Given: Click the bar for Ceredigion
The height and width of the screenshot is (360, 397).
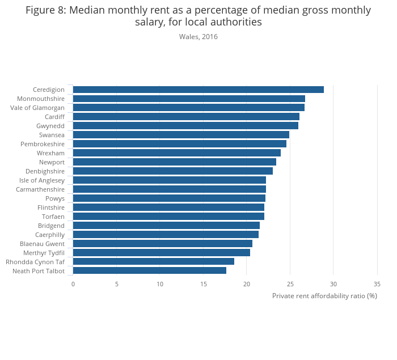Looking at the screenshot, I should (x=198, y=90).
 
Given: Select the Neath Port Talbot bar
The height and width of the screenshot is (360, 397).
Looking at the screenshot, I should (x=149, y=271).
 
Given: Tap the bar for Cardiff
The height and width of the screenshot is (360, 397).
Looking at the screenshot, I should (x=186, y=117).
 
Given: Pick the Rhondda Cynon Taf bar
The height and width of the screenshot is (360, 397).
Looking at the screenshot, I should (x=153, y=262).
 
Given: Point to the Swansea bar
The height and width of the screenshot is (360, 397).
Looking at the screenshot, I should (x=181, y=135).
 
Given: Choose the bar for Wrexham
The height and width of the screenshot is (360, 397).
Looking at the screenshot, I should (x=176, y=153).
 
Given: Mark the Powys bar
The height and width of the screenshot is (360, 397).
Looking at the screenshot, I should (x=169, y=198).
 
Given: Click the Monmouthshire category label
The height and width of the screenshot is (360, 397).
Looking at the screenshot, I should (x=41, y=99).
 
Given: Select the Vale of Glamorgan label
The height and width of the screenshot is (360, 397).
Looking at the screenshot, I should (x=37, y=108).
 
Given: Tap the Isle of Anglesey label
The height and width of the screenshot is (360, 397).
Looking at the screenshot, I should (x=42, y=180).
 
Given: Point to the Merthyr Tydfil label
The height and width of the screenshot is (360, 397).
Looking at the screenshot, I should (x=44, y=253).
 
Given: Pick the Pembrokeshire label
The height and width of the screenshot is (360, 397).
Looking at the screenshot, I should (x=43, y=144).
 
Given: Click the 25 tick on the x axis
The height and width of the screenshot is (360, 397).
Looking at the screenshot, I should (x=290, y=284).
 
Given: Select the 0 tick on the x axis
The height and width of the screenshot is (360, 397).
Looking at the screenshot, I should (x=73, y=284).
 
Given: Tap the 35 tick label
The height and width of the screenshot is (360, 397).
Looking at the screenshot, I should (x=377, y=284).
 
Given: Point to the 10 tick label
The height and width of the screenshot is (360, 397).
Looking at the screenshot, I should (x=160, y=284).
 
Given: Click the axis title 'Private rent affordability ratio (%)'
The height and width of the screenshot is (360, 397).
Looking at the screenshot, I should (x=324, y=296).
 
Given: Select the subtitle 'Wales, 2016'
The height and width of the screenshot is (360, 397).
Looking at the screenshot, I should (x=198, y=37).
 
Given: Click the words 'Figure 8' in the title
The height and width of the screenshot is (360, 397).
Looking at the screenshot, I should (x=46, y=10).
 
